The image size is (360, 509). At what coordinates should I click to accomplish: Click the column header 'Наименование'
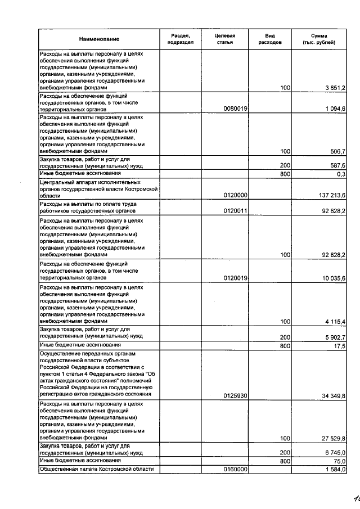[x=99, y=39]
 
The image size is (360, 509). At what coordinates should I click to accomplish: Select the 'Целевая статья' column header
[x=225, y=39]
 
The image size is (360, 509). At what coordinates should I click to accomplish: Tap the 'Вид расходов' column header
[x=270, y=39]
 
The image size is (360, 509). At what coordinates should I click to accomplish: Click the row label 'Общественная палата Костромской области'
[x=97, y=470]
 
